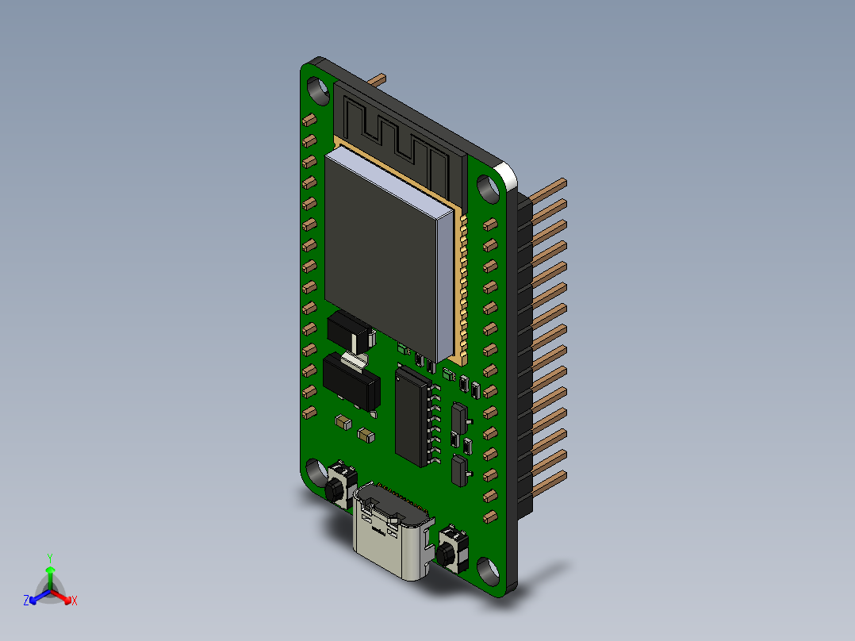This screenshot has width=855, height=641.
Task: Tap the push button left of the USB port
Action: click(339, 483)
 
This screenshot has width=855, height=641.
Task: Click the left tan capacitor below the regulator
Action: click(343, 422)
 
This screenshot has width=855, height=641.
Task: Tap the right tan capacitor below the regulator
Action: click(366, 434)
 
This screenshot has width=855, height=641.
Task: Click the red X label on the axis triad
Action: click(74, 601)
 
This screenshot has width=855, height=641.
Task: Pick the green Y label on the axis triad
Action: click(50, 558)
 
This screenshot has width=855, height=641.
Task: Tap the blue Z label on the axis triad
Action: click(26, 601)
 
